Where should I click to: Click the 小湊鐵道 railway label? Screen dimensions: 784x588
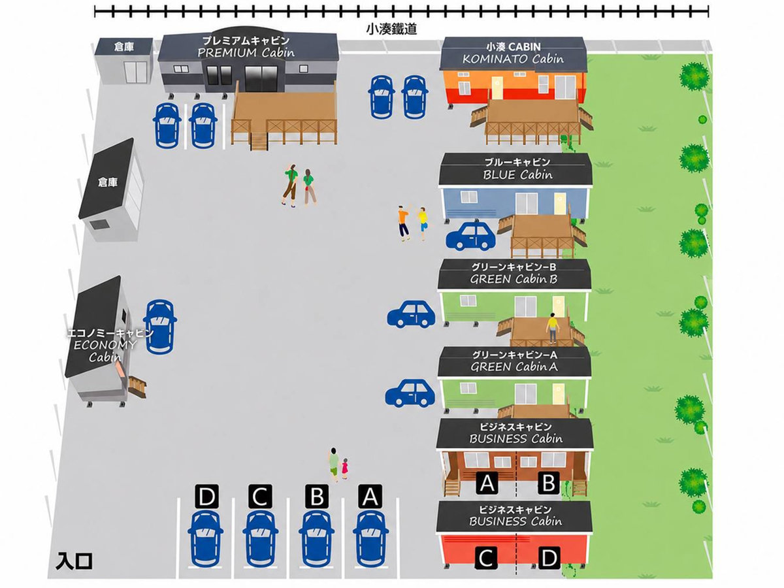(x=391, y=29)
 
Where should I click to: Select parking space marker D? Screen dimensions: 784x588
(x=207, y=497)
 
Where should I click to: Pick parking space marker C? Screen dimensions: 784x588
(x=260, y=497)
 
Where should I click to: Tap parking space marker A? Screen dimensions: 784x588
(x=370, y=497)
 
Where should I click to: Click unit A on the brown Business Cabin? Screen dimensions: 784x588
(x=487, y=483)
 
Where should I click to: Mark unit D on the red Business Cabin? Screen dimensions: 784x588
(x=549, y=558)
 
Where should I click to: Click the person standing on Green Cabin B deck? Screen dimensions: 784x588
(x=553, y=329)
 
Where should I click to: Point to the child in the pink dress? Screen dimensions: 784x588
(x=344, y=469)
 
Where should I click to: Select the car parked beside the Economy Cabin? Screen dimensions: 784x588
(x=159, y=326)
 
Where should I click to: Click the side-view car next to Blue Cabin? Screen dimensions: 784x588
(x=470, y=236)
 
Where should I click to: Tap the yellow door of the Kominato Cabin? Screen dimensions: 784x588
(x=497, y=88)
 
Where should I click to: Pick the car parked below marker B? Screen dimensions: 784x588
(x=316, y=539)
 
